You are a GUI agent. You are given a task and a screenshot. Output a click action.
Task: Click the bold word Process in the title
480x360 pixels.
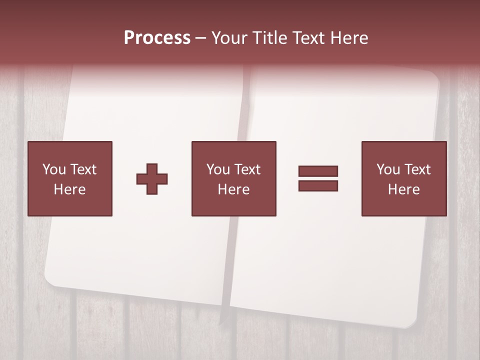pyautogui.click(x=157, y=37)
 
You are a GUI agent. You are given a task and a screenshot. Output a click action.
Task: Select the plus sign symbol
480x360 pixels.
pyautogui.click(x=152, y=179)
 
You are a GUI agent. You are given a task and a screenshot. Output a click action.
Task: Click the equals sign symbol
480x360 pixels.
pyautogui.click(x=318, y=178)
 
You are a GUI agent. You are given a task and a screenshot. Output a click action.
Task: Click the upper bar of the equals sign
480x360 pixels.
pyautogui.click(x=318, y=171)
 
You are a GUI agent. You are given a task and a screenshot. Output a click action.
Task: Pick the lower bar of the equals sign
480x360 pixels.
pyautogui.click(x=318, y=185)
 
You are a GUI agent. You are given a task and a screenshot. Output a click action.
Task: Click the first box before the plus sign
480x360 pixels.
pyautogui.click(x=70, y=178)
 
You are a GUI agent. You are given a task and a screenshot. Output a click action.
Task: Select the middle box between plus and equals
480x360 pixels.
pyautogui.click(x=233, y=178)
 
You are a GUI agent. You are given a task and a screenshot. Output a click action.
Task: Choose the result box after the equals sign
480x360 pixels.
pyautogui.click(x=403, y=178)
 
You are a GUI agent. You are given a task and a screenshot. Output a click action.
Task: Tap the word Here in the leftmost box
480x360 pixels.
pyautogui.click(x=70, y=189)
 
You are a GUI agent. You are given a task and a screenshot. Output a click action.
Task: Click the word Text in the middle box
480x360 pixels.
pyautogui.click(x=247, y=169)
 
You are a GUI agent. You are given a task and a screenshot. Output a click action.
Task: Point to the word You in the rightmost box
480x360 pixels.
pyautogui.click(x=388, y=169)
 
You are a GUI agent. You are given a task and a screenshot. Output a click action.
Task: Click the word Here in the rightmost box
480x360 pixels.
pyautogui.click(x=403, y=189)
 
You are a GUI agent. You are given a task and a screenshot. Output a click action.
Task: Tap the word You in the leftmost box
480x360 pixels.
pyautogui.click(x=54, y=169)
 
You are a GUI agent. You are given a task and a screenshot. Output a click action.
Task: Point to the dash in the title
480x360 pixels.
pyautogui.click(x=201, y=38)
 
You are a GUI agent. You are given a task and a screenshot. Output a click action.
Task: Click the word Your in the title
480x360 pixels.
pyautogui.click(x=229, y=37)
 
